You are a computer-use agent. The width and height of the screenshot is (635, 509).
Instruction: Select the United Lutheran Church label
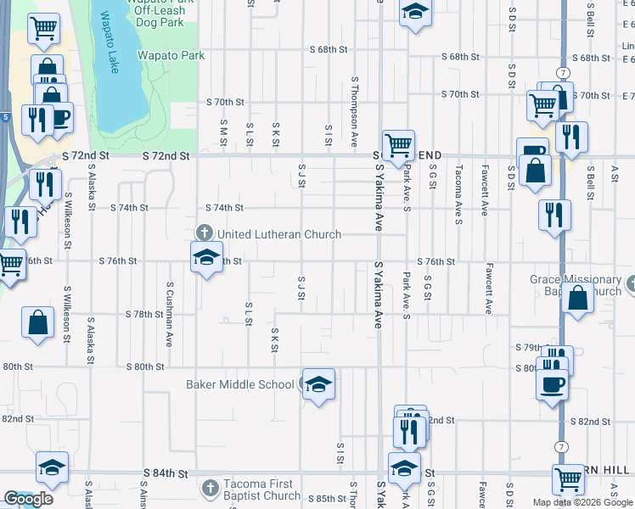click(x=279, y=234)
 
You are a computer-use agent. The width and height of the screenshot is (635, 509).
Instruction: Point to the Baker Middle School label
click(x=240, y=384)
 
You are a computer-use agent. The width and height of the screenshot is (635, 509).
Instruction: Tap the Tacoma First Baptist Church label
click(x=261, y=489)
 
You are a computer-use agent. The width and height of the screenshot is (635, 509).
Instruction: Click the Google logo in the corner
click(x=28, y=499)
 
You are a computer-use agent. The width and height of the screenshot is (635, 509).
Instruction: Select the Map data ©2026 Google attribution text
click(x=582, y=502)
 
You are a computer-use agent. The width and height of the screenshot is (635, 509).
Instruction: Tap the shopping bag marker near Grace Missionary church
click(x=577, y=299)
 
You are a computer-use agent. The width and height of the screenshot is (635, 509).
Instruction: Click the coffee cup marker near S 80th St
click(x=552, y=384)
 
